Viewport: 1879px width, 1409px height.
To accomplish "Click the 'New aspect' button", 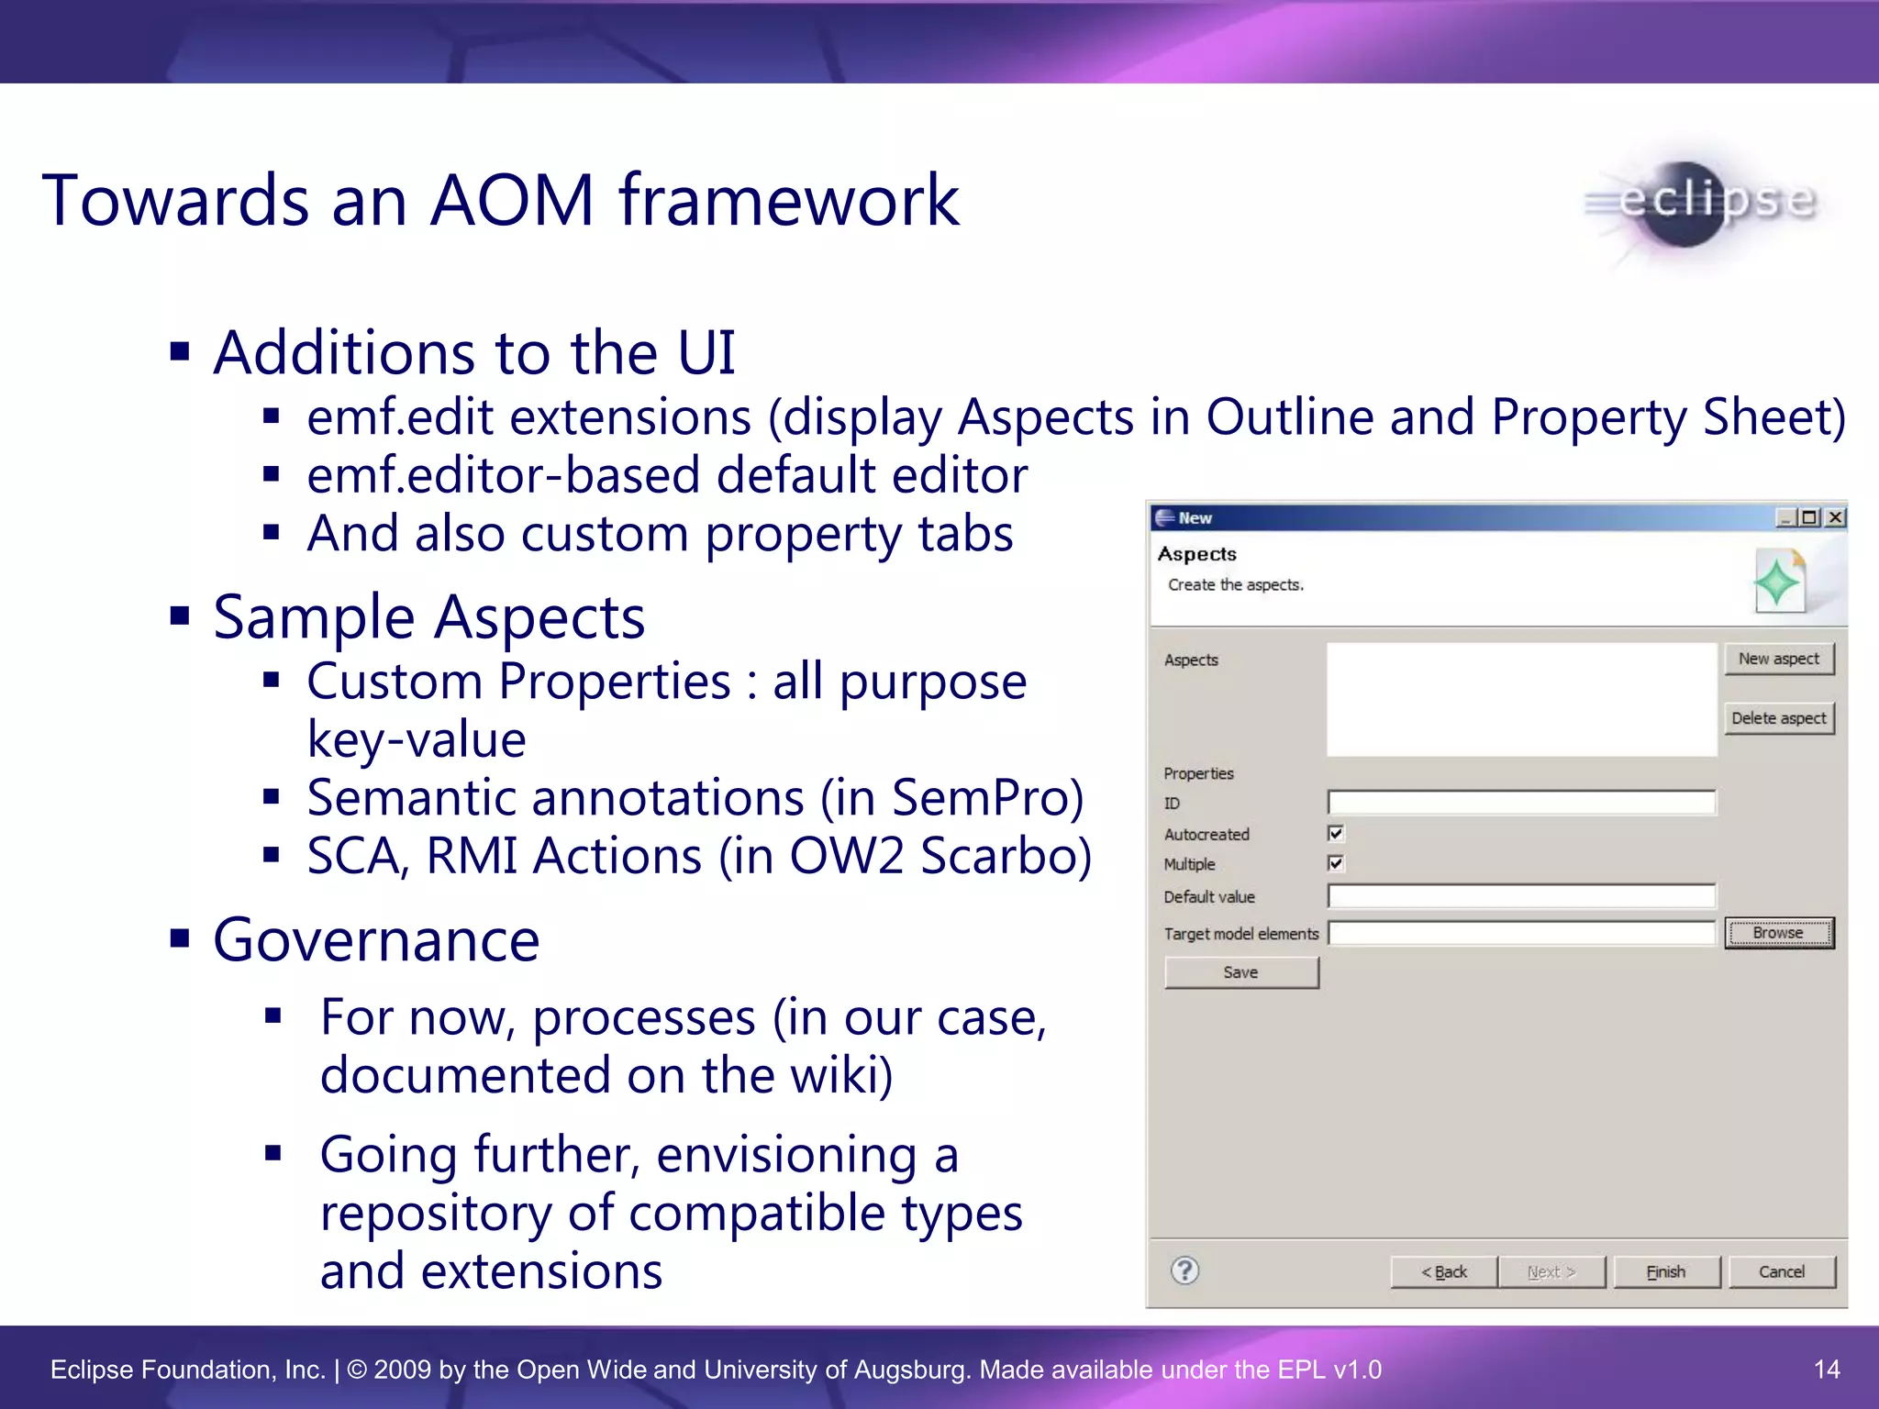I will click(1778, 659).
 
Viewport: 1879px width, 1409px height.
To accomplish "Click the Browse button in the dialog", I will click(1778, 933).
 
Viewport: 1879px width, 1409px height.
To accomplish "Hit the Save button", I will click(1240, 972).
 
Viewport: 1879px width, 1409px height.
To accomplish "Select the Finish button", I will click(1665, 1272).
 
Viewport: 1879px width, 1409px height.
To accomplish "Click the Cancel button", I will click(1781, 1272).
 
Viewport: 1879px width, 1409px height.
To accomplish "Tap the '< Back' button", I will click(1444, 1272).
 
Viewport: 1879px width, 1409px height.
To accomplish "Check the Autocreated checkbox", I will click(1336, 833).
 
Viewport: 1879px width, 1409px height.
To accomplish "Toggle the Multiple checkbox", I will click(1336, 863).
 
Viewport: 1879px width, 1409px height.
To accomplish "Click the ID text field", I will click(1520, 803).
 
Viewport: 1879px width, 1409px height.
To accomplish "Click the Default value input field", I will click(1520, 896).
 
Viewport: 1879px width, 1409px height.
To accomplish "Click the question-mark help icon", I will click(1184, 1270).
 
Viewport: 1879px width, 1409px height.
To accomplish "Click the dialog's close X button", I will click(1835, 517).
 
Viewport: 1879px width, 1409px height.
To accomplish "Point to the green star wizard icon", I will click(1777, 582).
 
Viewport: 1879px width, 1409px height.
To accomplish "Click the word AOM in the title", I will click(513, 200).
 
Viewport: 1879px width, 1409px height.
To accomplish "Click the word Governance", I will click(376, 940).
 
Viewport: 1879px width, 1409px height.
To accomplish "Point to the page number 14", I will click(1827, 1370).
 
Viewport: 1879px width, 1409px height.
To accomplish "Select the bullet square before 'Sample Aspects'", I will click(180, 615).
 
